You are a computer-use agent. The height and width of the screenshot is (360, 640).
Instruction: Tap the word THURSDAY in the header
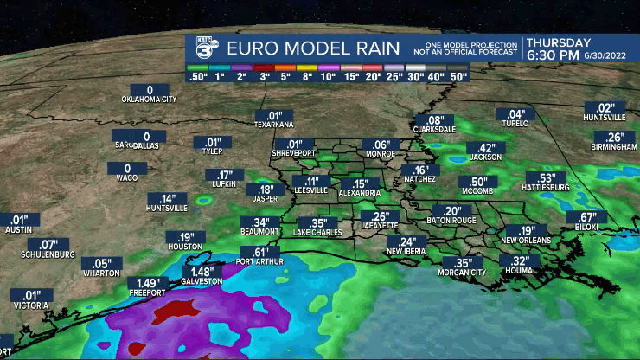[x=559, y=42]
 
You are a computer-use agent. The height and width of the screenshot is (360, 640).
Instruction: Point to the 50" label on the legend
[x=458, y=76]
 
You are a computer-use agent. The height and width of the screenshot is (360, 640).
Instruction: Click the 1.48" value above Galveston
[x=195, y=272]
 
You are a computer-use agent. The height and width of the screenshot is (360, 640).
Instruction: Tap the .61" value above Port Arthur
[x=257, y=252]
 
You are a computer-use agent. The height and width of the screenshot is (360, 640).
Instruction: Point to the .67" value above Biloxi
[x=588, y=216]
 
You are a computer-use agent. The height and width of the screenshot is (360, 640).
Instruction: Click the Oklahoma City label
[x=149, y=100]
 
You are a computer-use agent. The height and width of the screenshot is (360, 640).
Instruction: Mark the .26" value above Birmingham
[x=615, y=137]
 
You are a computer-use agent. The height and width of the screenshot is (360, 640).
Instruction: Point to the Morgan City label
[x=464, y=273]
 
